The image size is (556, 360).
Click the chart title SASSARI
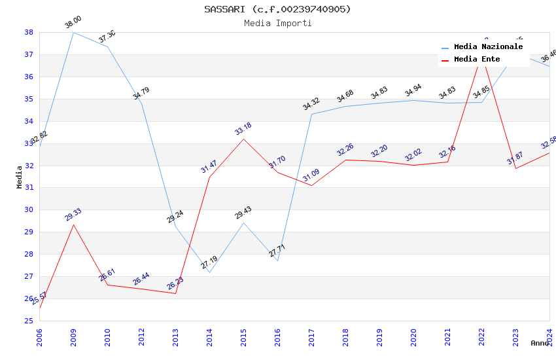pyautogui.click(x=277, y=9)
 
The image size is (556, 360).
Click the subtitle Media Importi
pyautogui.click(x=277, y=24)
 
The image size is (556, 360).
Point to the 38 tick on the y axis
pyautogui.click(x=29, y=32)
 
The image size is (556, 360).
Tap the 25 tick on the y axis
pyautogui.click(x=29, y=321)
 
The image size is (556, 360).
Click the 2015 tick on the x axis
pyautogui.click(x=243, y=334)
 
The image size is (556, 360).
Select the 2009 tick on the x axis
pyautogui.click(x=73, y=334)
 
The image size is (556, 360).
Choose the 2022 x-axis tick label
pyautogui.click(x=482, y=334)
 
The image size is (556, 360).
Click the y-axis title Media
pyautogui.click(x=20, y=177)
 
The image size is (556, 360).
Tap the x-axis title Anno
pyautogui.click(x=540, y=343)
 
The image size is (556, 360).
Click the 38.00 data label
pyautogui.click(x=73, y=23)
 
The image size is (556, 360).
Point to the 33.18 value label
pyautogui.click(x=243, y=129)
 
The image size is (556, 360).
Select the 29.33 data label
pyautogui.click(x=73, y=215)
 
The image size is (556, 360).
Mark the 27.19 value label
pyautogui.click(x=209, y=263)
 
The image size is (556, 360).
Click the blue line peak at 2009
pyautogui.click(x=73, y=32)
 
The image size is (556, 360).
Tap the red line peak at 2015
pyautogui.click(x=243, y=139)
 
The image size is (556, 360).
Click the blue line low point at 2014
pyautogui.click(x=209, y=272)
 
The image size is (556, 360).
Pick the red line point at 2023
pyautogui.click(x=515, y=168)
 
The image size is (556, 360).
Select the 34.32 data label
pyautogui.click(x=311, y=104)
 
